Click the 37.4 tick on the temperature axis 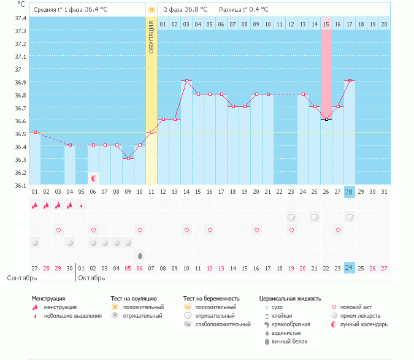(21, 18)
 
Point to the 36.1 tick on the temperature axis (21, 185)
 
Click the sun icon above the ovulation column (151, 10)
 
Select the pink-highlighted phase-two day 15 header (326, 24)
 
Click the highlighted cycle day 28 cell (349, 192)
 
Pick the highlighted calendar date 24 (349, 268)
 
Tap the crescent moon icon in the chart (94, 178)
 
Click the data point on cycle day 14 (186, 81)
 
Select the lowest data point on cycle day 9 (128, 158)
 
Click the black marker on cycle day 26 (326, 120)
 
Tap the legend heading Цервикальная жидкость (290, 299)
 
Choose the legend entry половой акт (355, 307)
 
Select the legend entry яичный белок (290, 341)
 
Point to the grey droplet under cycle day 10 (140, 255)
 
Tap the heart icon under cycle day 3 (59, 230)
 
